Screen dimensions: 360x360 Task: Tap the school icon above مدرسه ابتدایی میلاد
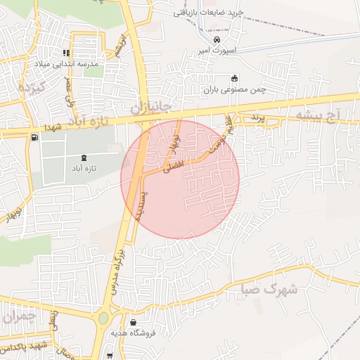coord(67,53)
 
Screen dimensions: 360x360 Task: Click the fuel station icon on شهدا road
coord(35,136)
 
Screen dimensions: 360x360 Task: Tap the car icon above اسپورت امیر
coord(226,40)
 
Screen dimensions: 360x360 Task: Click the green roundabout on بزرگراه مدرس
coord(104,318)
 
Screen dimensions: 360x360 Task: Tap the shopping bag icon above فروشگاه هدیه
coord(133,321)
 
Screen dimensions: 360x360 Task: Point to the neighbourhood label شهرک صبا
coord(267,289)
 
